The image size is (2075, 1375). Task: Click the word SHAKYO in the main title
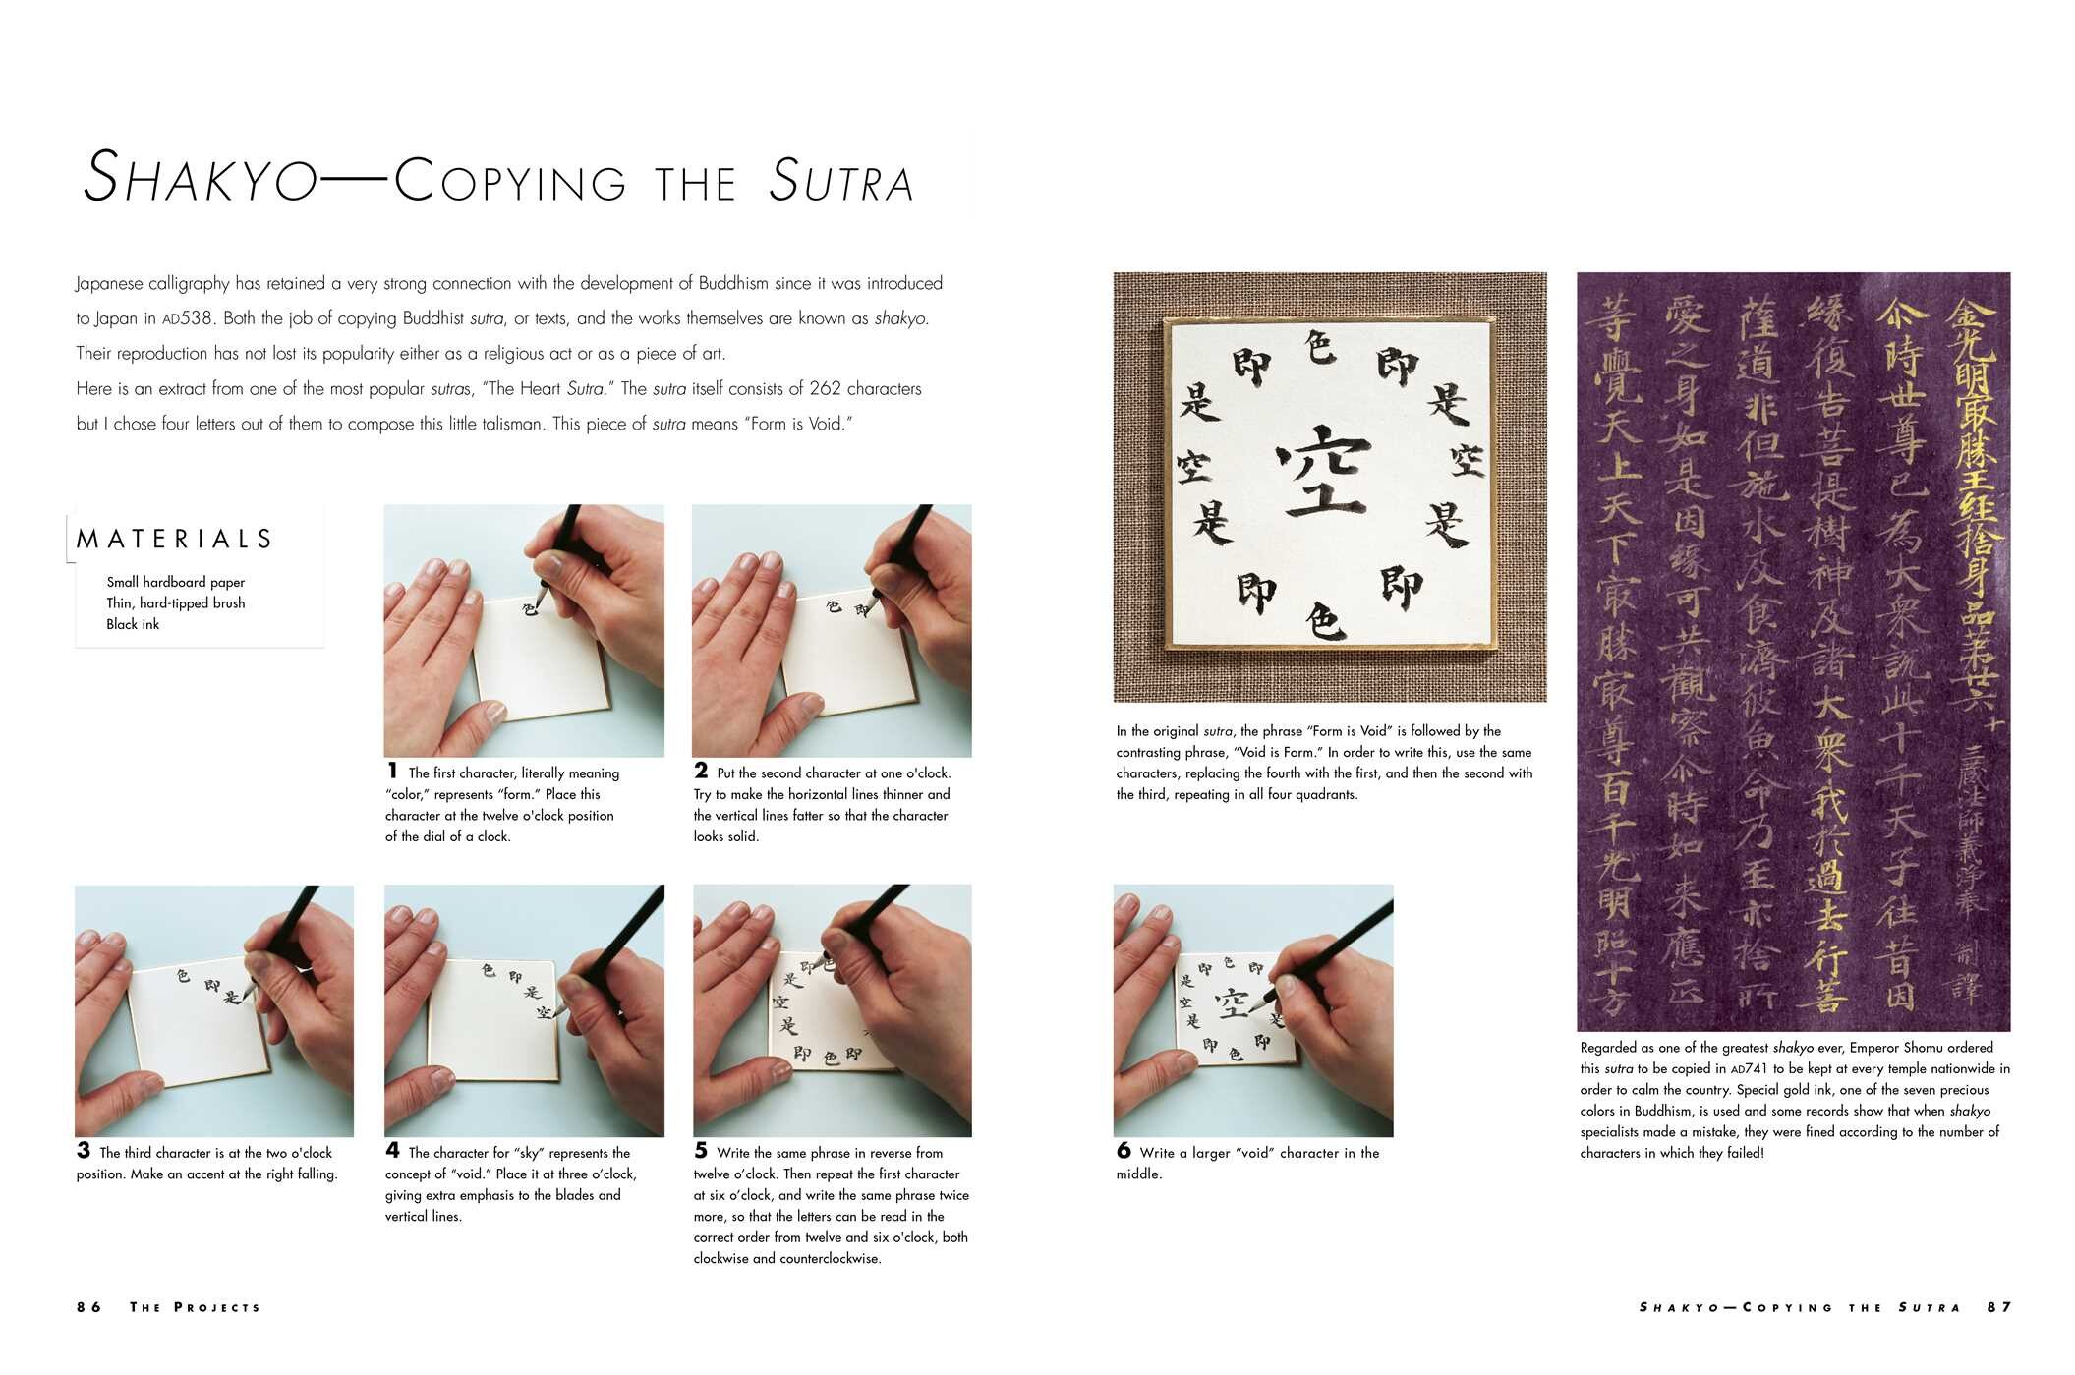pyautogui.click(x=202, y=179)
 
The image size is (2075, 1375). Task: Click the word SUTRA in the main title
pyautogui.click(x=841, y=181)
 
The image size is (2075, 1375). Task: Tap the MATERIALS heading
pyautogui.click(x=175, y=539)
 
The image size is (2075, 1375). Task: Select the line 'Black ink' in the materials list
pyautogui.click(x=133, y=624)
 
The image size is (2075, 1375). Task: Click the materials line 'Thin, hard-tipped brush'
pyautogui.click(x=176, y=603)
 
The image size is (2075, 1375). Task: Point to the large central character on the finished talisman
pyautogui.click(x=1324, y=470)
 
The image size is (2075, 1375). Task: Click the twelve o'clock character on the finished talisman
pyautogui.click(x=1320, y=347)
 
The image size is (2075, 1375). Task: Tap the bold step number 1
pyautogui.click(x=392, y=772)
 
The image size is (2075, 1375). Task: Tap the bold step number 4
pyautogui.click(x=392, y=1151)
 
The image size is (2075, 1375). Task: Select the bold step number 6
pyautogui.click(x=1124, y=1151)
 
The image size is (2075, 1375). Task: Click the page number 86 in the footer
pyautogui.click(x=89, y=1307)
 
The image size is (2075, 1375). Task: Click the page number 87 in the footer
pyautogui.click(x=1999, y=1307)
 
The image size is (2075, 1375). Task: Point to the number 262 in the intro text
pyautogui.click(x=826, y=388)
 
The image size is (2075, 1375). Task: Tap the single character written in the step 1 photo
pyautogui.click(x=530, y=609)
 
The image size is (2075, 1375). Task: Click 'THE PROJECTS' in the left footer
pyautogui.click(x=196, y=1307)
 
